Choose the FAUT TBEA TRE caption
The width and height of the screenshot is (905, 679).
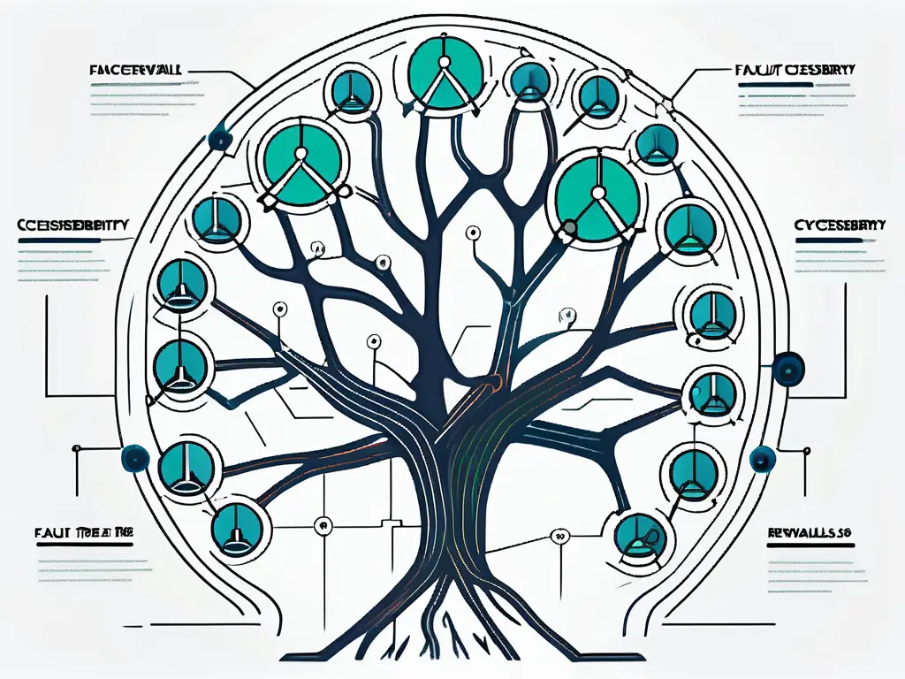click(76, 533)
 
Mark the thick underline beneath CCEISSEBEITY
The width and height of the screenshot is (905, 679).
click(74, 239)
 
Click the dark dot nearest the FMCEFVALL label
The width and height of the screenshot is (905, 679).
click(217, 139)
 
